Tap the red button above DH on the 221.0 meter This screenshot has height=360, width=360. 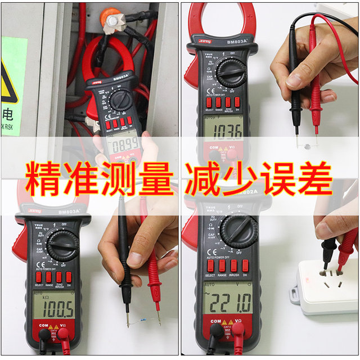245,265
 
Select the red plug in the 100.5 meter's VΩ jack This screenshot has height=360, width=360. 63,336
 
